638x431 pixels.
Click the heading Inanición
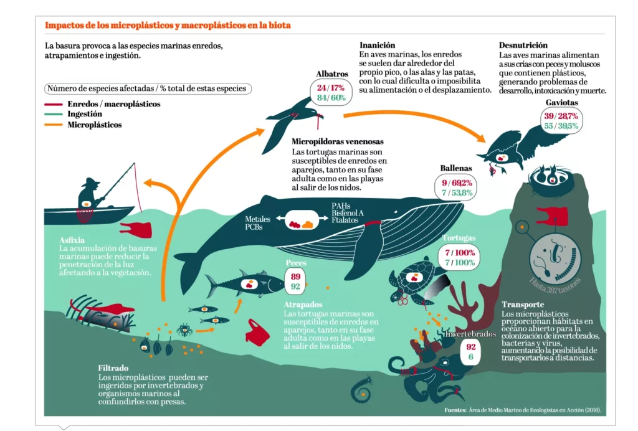coord(378,45)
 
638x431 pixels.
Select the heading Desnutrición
coord(523,45)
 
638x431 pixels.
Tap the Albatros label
coord(331,73)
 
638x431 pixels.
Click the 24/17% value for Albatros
coord(330,87)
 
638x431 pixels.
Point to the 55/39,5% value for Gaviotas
coord(561,126)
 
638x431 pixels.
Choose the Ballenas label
coord(456,169)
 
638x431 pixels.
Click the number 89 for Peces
coord(295,277)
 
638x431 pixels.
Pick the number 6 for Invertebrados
coord(470,357)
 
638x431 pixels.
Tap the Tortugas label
coord(459,239)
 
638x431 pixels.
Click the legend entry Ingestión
coord(85,115)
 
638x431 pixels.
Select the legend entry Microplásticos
coord(93,125)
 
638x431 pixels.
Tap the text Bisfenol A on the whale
coord(348,213)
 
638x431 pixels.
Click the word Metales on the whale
coord(257,219)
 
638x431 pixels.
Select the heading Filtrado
coord(114,368)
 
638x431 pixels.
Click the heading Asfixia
coord(72,240)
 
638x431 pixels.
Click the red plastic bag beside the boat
coord(136,230)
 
